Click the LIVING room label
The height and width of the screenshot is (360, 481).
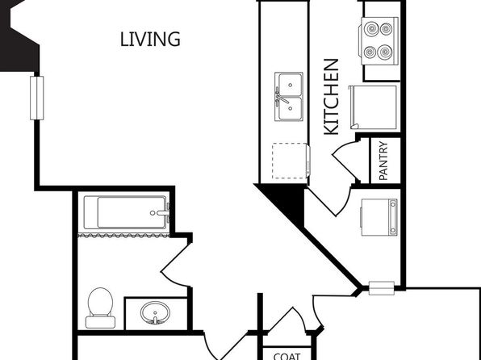pyautogui.click(x=150, y=40)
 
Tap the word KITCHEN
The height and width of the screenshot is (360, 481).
pyautogui.click(x=332, y=97)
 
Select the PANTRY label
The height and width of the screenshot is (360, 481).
pyautogui.click(x=383, y=161)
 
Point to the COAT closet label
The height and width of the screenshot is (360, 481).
pyautogui.click(x=287, y=356)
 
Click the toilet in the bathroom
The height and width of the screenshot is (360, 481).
pyautogui.click(x=100, y=308)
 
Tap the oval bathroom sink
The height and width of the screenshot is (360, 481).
pyautogui.click(x=155, y=312)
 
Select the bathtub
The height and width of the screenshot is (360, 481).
pyautogui.click(x=127, y=212)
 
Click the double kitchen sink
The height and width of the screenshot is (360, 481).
pyautogui.click(x=289, y=97)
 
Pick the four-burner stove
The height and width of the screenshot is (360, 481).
pyautogui.click(x=380, y=41)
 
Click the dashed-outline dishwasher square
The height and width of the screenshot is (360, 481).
pyautogui.click(x=290, y=161)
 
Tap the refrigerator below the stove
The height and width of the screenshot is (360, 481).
pyautogui.click(x=373, y=107)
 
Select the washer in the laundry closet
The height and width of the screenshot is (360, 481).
pyautogui.click(x=379, y=217)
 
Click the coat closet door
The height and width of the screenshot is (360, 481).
pyautogui.click(x=287, y=319)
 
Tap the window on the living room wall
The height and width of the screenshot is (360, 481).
pyautogui.click(x=37, y=98)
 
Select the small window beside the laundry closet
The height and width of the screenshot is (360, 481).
pyautogui.click(x=381, y=288)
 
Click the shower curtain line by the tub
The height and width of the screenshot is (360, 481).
pyautogui.click(x=123, y=236)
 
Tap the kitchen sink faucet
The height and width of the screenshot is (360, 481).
pyautogui.click(x=281, y=97)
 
